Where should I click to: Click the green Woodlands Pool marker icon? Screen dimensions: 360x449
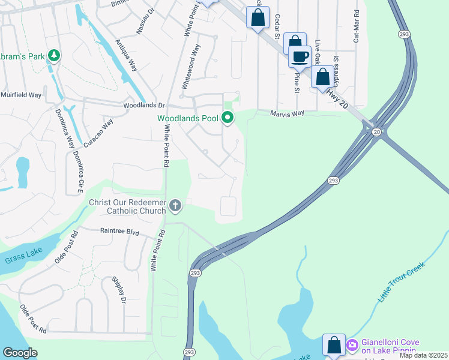[228, 118]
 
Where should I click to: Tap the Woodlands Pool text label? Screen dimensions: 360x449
[188, 118]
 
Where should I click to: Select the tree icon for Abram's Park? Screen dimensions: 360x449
[55, 56]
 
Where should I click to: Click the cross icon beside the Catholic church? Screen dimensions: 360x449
[175, 206]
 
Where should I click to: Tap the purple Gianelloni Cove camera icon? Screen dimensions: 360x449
[352, 345]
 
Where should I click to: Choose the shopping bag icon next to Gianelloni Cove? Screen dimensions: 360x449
[334, 345]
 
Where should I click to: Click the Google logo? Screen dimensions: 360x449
[20, 353]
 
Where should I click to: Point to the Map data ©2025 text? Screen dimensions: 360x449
[423, 355]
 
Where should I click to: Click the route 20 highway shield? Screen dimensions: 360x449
[376, 131]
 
